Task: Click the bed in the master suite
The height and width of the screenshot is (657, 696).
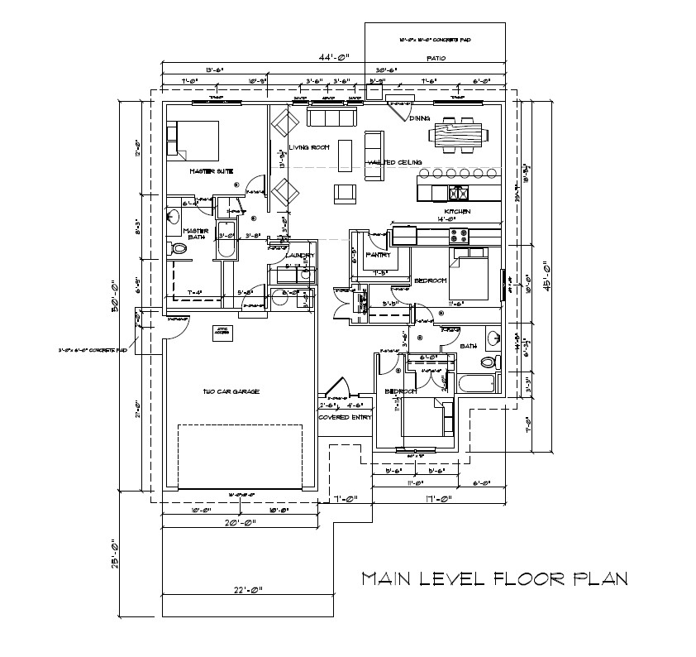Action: [193, 137]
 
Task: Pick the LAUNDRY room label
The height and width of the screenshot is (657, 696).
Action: [298, 255]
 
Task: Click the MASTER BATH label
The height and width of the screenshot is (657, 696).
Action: [194, 234]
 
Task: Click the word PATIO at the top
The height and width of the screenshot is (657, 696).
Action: [436, 59]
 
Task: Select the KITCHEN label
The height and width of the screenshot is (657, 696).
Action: [458, 212]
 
